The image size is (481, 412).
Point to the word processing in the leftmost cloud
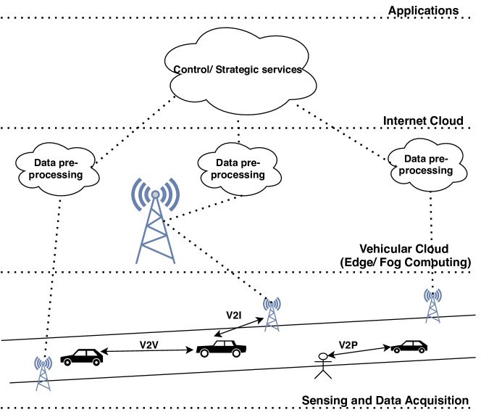(x=57, y=175)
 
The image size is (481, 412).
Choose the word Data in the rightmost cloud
(x=415, y=160)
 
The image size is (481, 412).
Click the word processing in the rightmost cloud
(x=427, y=170)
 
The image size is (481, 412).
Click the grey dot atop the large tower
(x=155, y=194)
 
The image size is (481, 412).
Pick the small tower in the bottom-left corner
(x=43, y=373)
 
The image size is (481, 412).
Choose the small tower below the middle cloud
(x=272, y=314)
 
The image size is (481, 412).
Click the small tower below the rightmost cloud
(x=432, y=305)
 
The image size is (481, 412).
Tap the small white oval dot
(x=323, y=356)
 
